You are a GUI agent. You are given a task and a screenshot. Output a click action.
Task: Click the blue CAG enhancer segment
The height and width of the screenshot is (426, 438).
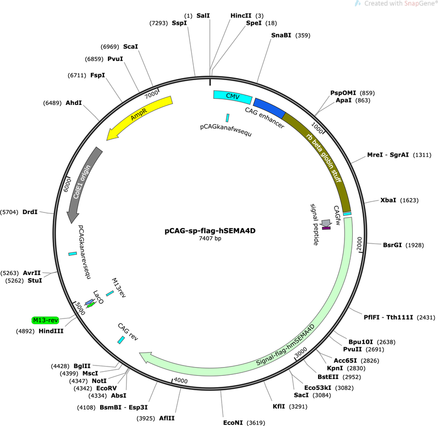pos(269,108)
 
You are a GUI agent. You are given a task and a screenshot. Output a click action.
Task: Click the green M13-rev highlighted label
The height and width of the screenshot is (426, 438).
pos(45,320)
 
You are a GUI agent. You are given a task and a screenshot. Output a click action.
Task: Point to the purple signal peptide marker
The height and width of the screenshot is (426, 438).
pos(326,228)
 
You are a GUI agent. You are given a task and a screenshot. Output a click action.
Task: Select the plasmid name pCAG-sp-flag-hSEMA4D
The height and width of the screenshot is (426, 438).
pos(210,231)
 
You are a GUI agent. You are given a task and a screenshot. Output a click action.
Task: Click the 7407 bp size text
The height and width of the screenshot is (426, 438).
pos(210,238)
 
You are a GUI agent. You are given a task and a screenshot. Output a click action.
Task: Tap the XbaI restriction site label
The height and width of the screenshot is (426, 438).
pos(388,200)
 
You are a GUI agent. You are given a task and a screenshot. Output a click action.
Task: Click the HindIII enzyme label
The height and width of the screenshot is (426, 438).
pos(51,331)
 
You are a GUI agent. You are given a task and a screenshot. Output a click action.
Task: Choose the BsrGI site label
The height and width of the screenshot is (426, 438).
pos(392,245)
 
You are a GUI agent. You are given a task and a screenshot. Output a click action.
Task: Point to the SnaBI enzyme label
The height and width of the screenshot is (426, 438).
pos(281,35)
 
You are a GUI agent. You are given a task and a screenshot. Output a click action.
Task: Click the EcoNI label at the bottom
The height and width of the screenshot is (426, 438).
pos(233,423)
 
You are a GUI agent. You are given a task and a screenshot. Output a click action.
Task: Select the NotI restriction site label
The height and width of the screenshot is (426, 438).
pos(99,381)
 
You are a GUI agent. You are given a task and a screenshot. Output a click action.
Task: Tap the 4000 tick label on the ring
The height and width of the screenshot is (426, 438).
pos(181,381)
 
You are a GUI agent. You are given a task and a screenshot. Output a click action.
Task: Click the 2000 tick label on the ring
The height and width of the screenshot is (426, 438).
pos(359,244)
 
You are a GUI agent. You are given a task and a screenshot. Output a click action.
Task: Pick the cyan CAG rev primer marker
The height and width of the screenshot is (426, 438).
pos(121,340)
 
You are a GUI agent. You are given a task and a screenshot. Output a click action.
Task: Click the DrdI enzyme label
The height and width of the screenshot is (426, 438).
pos(30,212)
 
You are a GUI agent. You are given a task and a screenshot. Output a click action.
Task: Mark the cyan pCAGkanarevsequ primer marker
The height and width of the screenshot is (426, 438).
pos(73,254)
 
